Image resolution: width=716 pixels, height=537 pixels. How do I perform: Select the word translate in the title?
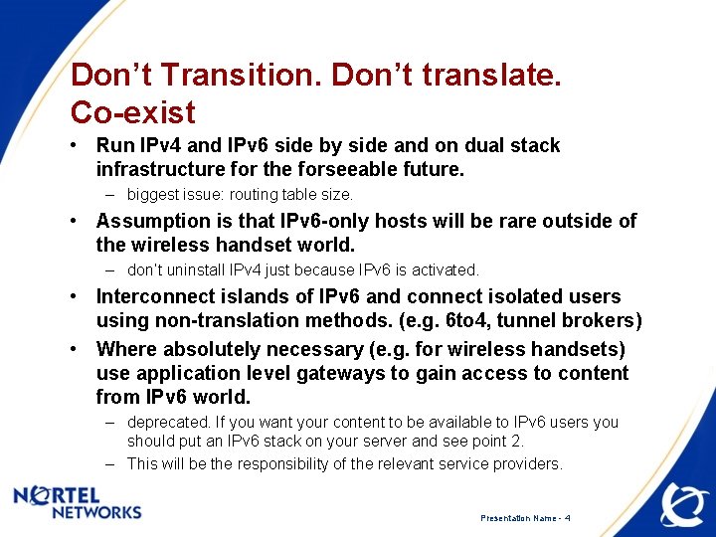point(486,76)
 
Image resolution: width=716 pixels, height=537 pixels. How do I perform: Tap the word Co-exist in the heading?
point(133,111)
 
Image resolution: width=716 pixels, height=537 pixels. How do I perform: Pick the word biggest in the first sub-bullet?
point(153,195)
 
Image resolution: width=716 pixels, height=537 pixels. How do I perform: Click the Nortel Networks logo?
point(78,502)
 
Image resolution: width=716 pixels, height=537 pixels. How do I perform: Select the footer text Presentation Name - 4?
point(525,518)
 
